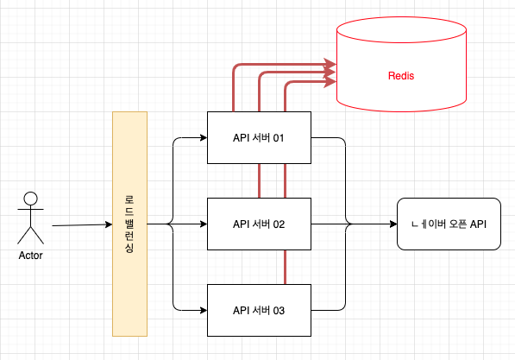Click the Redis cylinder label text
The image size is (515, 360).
click(401, 76)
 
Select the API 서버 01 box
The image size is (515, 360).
click(259, 137)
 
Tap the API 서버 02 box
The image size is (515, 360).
click(259, 224)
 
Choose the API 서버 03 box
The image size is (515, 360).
click(259, 310)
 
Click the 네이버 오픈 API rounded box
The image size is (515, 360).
click(449, 224)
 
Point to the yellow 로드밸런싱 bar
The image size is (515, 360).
click(129, 224)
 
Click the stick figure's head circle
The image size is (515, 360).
click(30, 199)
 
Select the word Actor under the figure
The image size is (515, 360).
click(30, 256)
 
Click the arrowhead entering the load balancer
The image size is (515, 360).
click(109, 224)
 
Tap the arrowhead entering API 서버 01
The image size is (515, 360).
click(204, 137)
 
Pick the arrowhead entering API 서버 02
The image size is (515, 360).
click(204, 224)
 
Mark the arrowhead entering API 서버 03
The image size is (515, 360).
click(204, 310)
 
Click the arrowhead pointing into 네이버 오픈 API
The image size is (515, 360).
click(393, 224)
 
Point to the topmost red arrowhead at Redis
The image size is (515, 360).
click(330, 64)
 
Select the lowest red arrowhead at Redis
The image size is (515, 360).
click(330, 81)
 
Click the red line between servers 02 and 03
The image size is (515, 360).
click(285, 268)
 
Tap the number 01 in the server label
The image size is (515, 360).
click(279, 138)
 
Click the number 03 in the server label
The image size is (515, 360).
click(279, 311)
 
